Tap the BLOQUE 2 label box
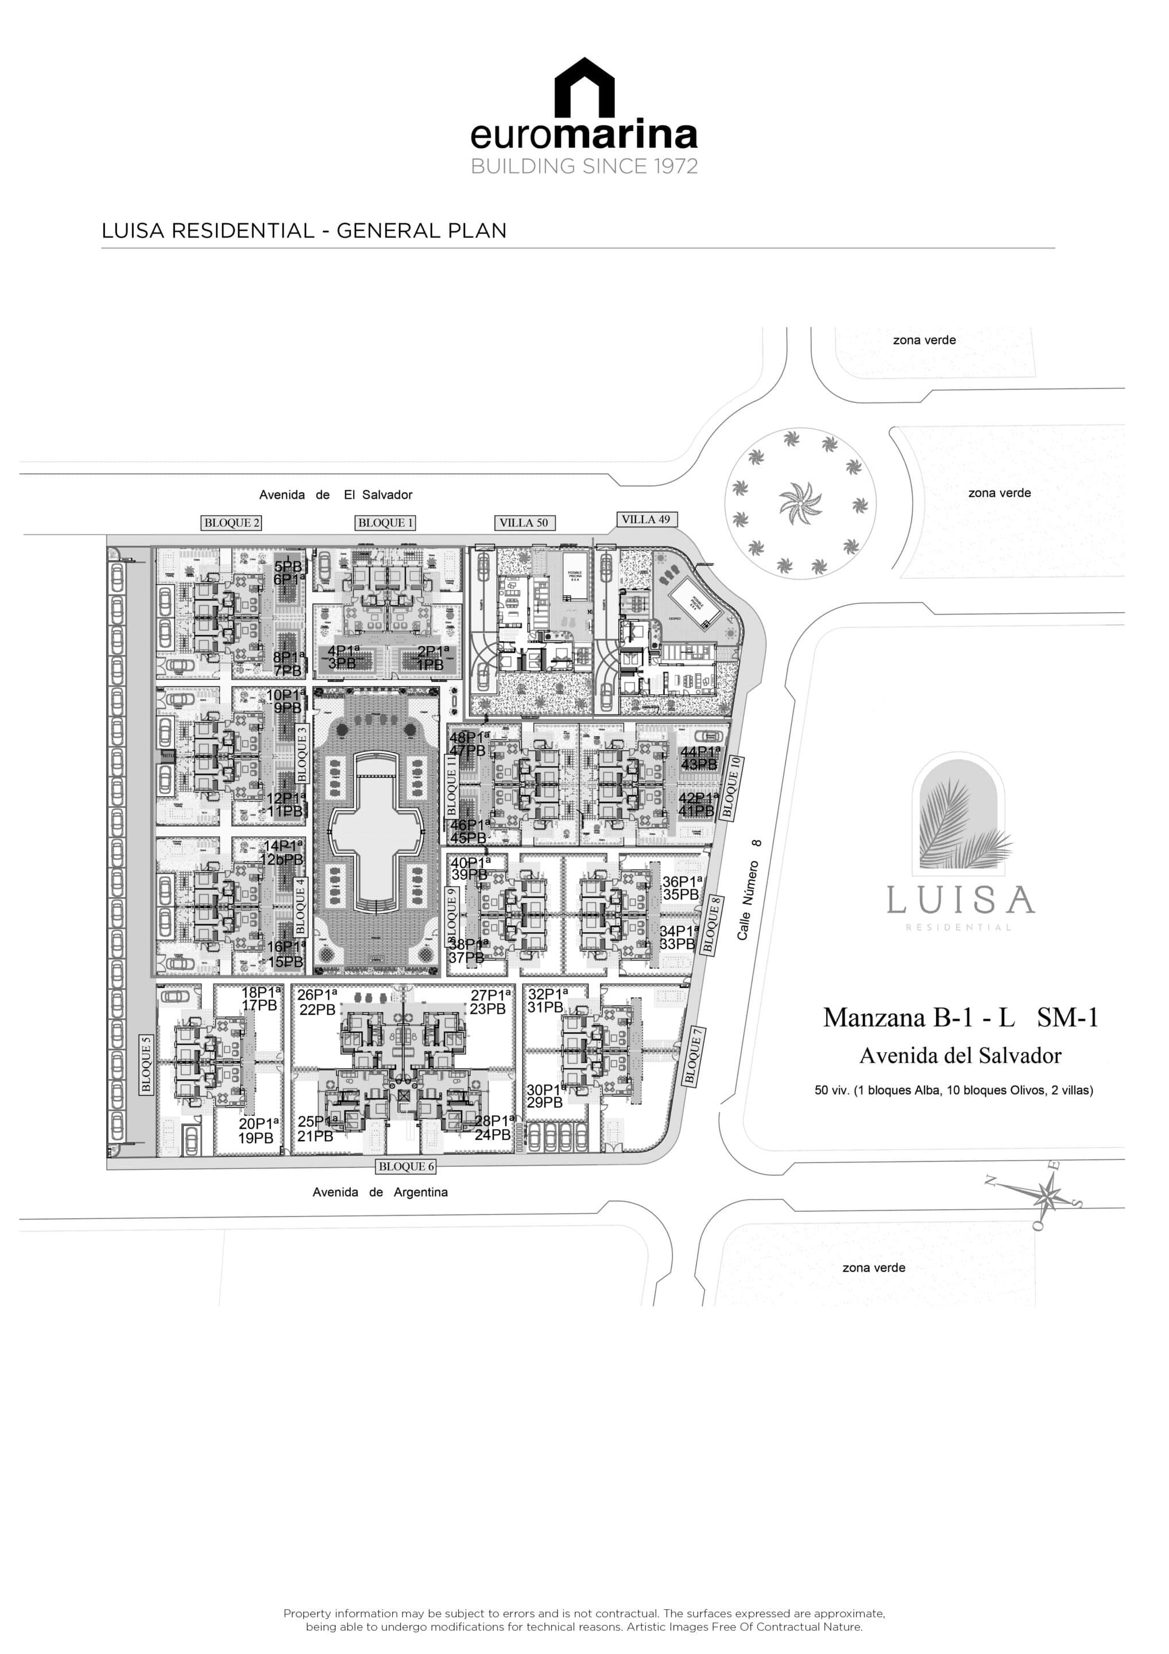click(x=231, y=523)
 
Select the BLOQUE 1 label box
click(x=385, y=523)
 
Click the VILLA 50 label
click(x=524, y=523)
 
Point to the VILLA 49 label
click(x=646, y=519)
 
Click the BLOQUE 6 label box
click(x=407, y=1166)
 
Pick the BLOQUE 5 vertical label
click(x=146, y=1064)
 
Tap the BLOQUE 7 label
click(x=694, y=1056)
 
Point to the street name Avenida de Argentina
click(x=380, y=1192)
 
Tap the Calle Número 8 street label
click(x=749, y=890)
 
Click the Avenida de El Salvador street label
click(x=336, y=495)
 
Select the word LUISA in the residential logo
click(x=960, y=900)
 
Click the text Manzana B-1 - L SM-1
click(x=960, y=1017)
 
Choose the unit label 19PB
click(x=256, y=1138)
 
